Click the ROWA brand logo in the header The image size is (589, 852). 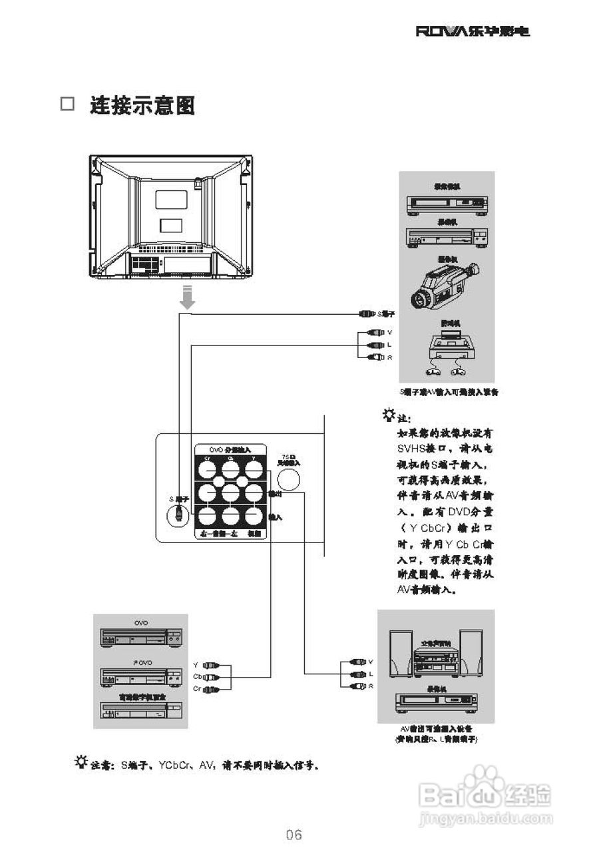[x=473, y=31]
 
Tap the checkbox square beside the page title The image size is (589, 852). [x=68, y=105]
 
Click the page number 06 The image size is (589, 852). [x=294, y=834]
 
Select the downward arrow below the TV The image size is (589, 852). [x=188, y=297]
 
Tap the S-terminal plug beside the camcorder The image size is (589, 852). [x=368, y=313]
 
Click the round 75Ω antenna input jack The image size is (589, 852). [x=288, y=480]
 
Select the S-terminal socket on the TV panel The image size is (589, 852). [x=178, y=514]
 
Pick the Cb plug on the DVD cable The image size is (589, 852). [x=211, y=677]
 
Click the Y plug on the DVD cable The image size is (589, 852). [x=211, y=665]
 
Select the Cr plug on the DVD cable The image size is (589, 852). [x=211, y=689]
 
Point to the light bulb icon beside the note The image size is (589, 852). [x=388, y=417]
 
